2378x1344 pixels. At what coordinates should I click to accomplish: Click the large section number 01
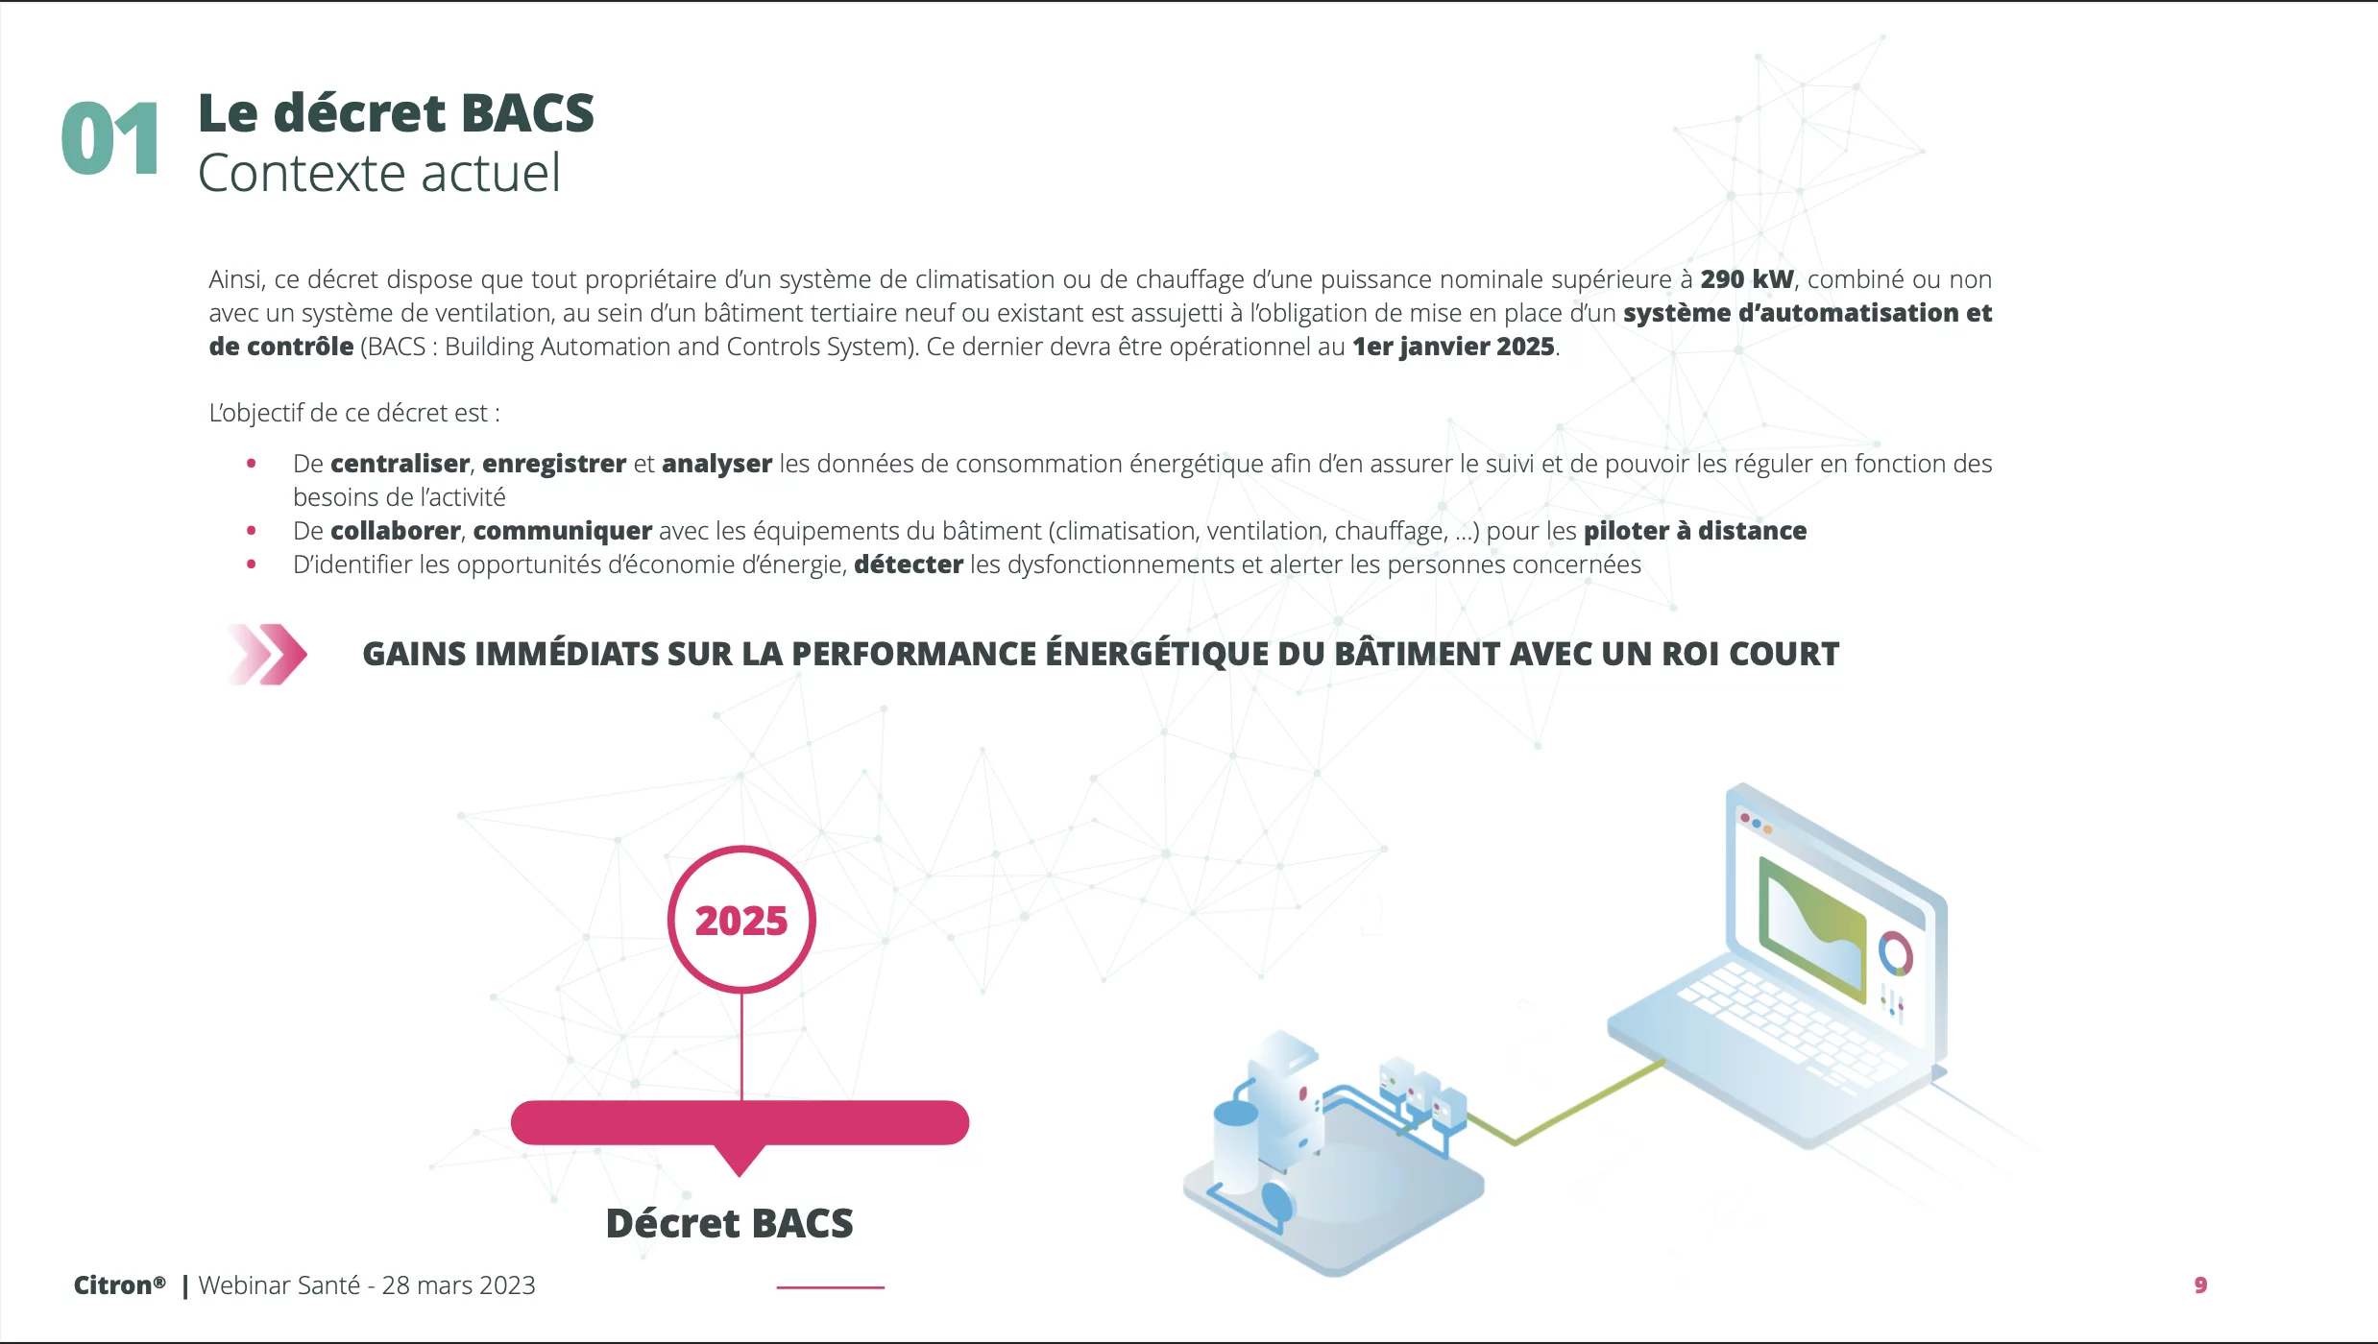pos(110,139)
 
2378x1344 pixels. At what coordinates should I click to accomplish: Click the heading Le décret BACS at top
pos(396,113)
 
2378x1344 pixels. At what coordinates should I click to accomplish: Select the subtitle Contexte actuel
pos(379,174)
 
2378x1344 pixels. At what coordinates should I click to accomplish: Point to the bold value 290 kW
pos(1747,279)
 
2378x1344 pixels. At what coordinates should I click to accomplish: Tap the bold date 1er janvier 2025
pos(1453,347)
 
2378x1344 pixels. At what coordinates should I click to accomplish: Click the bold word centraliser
pos(400,464)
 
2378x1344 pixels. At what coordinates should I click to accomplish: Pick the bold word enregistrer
pos(554,464)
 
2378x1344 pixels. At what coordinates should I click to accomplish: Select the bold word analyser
pos(716,464)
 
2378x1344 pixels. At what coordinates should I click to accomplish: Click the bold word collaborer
pos(396,531)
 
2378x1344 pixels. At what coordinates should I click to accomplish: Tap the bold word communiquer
pos(563,531)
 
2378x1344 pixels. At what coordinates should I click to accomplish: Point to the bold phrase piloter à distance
pos(1695,531)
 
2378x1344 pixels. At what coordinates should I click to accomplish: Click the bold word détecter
pos(909,564)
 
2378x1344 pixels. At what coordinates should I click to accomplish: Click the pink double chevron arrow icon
pos(268,655)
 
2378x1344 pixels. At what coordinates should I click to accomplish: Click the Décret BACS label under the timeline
pos(730,1223)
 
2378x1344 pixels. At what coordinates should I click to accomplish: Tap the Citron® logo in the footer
pos(120,1285)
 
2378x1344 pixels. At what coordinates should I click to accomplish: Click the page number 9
pos(2200,1285)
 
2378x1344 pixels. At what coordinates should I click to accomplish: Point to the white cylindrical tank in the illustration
pos(1236,1148)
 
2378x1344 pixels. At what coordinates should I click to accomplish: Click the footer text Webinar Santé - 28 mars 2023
pos(367,1285)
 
